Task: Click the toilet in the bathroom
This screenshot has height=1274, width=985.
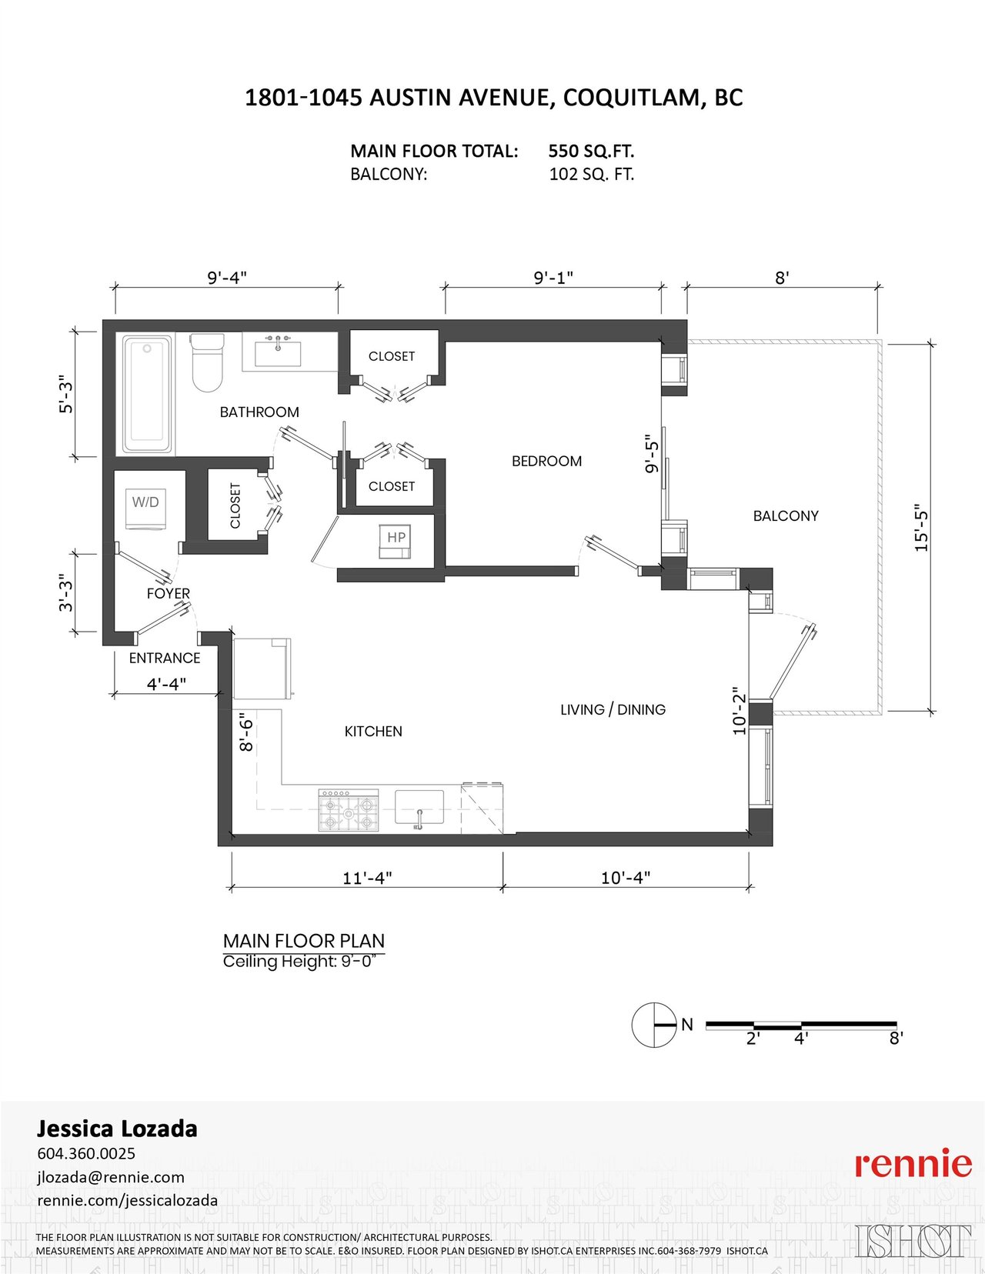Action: pos(208,362)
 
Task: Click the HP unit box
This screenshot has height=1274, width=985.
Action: pos(395,541)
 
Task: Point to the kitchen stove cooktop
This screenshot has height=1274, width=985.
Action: pos(349,809)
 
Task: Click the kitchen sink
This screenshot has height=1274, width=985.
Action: pos(419,808)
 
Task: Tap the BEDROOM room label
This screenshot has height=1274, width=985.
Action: pos(546,462)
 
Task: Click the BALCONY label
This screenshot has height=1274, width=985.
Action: pos(786,516)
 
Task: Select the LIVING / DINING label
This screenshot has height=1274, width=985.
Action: pos(613,709)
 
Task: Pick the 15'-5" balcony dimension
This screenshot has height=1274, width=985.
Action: pos(922,528)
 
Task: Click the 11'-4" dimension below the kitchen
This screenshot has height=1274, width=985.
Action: pos(367,878)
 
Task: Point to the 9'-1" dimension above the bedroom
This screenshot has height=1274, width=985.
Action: pos(553,277)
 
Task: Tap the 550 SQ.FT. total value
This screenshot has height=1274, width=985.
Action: pos(591,152)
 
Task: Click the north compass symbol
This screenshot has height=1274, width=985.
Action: pos(654,1025)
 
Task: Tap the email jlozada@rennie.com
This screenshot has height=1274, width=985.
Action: pos(111,1177)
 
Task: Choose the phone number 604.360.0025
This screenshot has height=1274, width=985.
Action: pos(86,1153)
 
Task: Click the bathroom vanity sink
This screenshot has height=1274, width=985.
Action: pos(277,352)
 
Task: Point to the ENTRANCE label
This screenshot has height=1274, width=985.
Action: pos(165,658)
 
